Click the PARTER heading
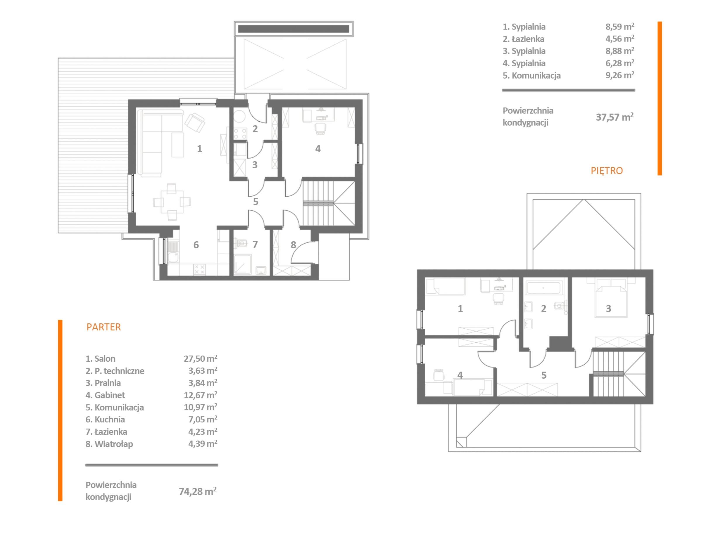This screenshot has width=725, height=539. pos(103,327)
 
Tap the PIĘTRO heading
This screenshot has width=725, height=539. pos(607,170)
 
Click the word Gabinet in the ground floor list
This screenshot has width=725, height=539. pos(110,395)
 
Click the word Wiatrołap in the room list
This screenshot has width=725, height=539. pos(114,444)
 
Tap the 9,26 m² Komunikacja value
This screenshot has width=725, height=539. pos(620,75)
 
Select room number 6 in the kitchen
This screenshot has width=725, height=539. pos(196,245)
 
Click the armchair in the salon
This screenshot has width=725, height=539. pos(195,122)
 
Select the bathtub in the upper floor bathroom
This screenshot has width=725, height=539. pos(543,288)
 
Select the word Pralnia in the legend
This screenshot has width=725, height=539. pos(107,383)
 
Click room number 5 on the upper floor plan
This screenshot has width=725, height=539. pos(544,375)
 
